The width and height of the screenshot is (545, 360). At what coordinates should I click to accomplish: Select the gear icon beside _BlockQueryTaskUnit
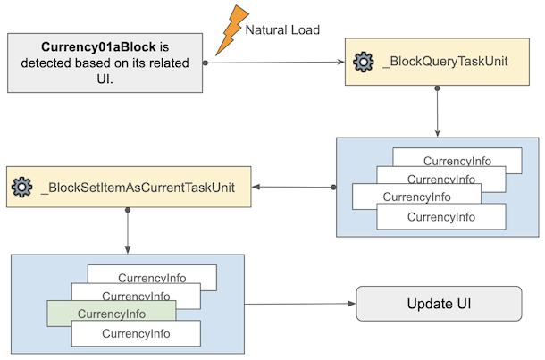coord(363,62)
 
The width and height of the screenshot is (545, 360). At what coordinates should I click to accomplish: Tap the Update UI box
coord(439,304)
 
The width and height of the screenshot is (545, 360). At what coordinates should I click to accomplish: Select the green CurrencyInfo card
coord(111,314)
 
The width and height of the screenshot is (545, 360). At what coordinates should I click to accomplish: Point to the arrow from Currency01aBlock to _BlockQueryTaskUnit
coord(277,63)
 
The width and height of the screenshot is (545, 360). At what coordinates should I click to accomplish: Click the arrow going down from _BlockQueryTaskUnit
coord(437,112)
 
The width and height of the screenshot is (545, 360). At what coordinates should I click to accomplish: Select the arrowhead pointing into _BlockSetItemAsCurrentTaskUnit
coord(257,188)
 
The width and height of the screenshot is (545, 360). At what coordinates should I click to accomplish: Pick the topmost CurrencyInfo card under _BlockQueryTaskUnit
coord(456,161)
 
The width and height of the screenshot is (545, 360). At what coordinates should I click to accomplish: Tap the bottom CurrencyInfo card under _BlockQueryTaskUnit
coord(440,217)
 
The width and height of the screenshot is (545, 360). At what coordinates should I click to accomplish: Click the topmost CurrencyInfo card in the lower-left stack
coord(152,278)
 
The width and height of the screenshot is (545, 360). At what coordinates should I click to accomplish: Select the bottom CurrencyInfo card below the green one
coord(136,334)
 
